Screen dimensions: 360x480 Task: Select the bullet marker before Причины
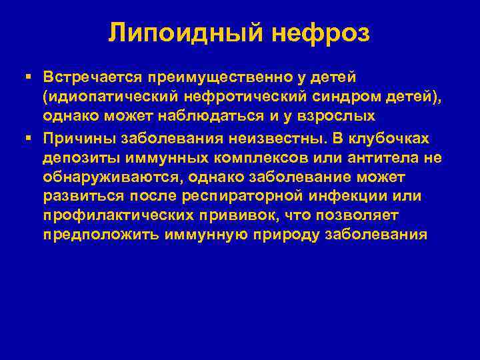point(29,137)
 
